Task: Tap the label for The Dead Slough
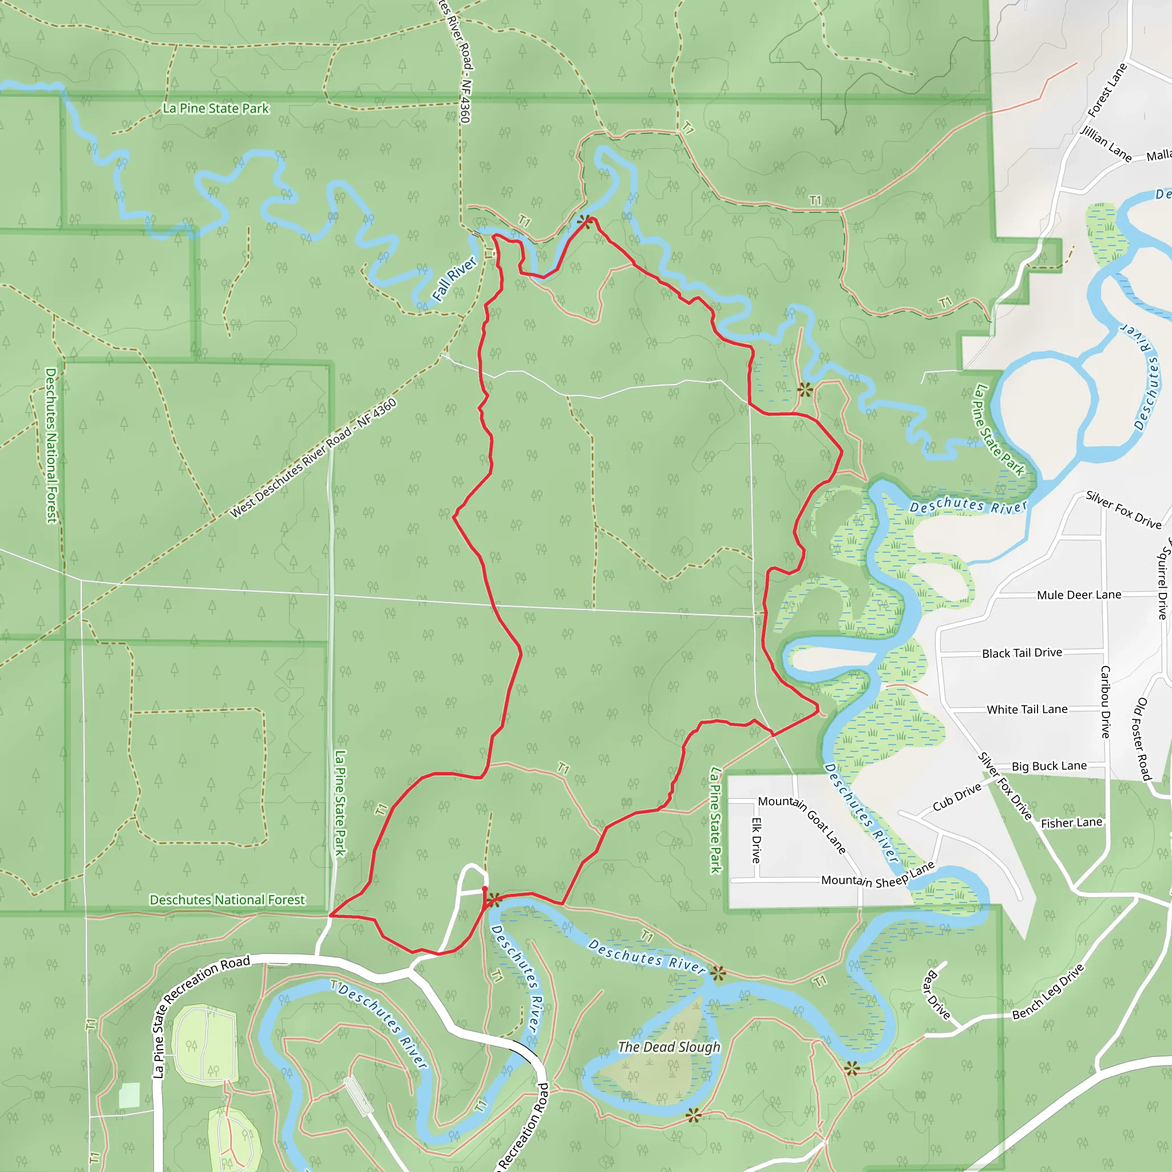[669, 1047]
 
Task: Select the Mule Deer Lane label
[1079, 595]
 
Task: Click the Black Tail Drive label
[1022, 653]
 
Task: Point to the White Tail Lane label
[1027, 709]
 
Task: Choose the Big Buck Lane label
[1050, 766]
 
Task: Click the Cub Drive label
[957, 797]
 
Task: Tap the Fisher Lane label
[1071, 822]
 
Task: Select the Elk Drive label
[757, 840]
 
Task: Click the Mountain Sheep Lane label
[878, 876]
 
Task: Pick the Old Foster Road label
[1143, 739]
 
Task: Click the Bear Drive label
[937, 995]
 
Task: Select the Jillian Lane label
[1106, 144]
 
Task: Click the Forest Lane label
[1107, 90]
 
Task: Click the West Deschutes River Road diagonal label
[313, 458]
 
